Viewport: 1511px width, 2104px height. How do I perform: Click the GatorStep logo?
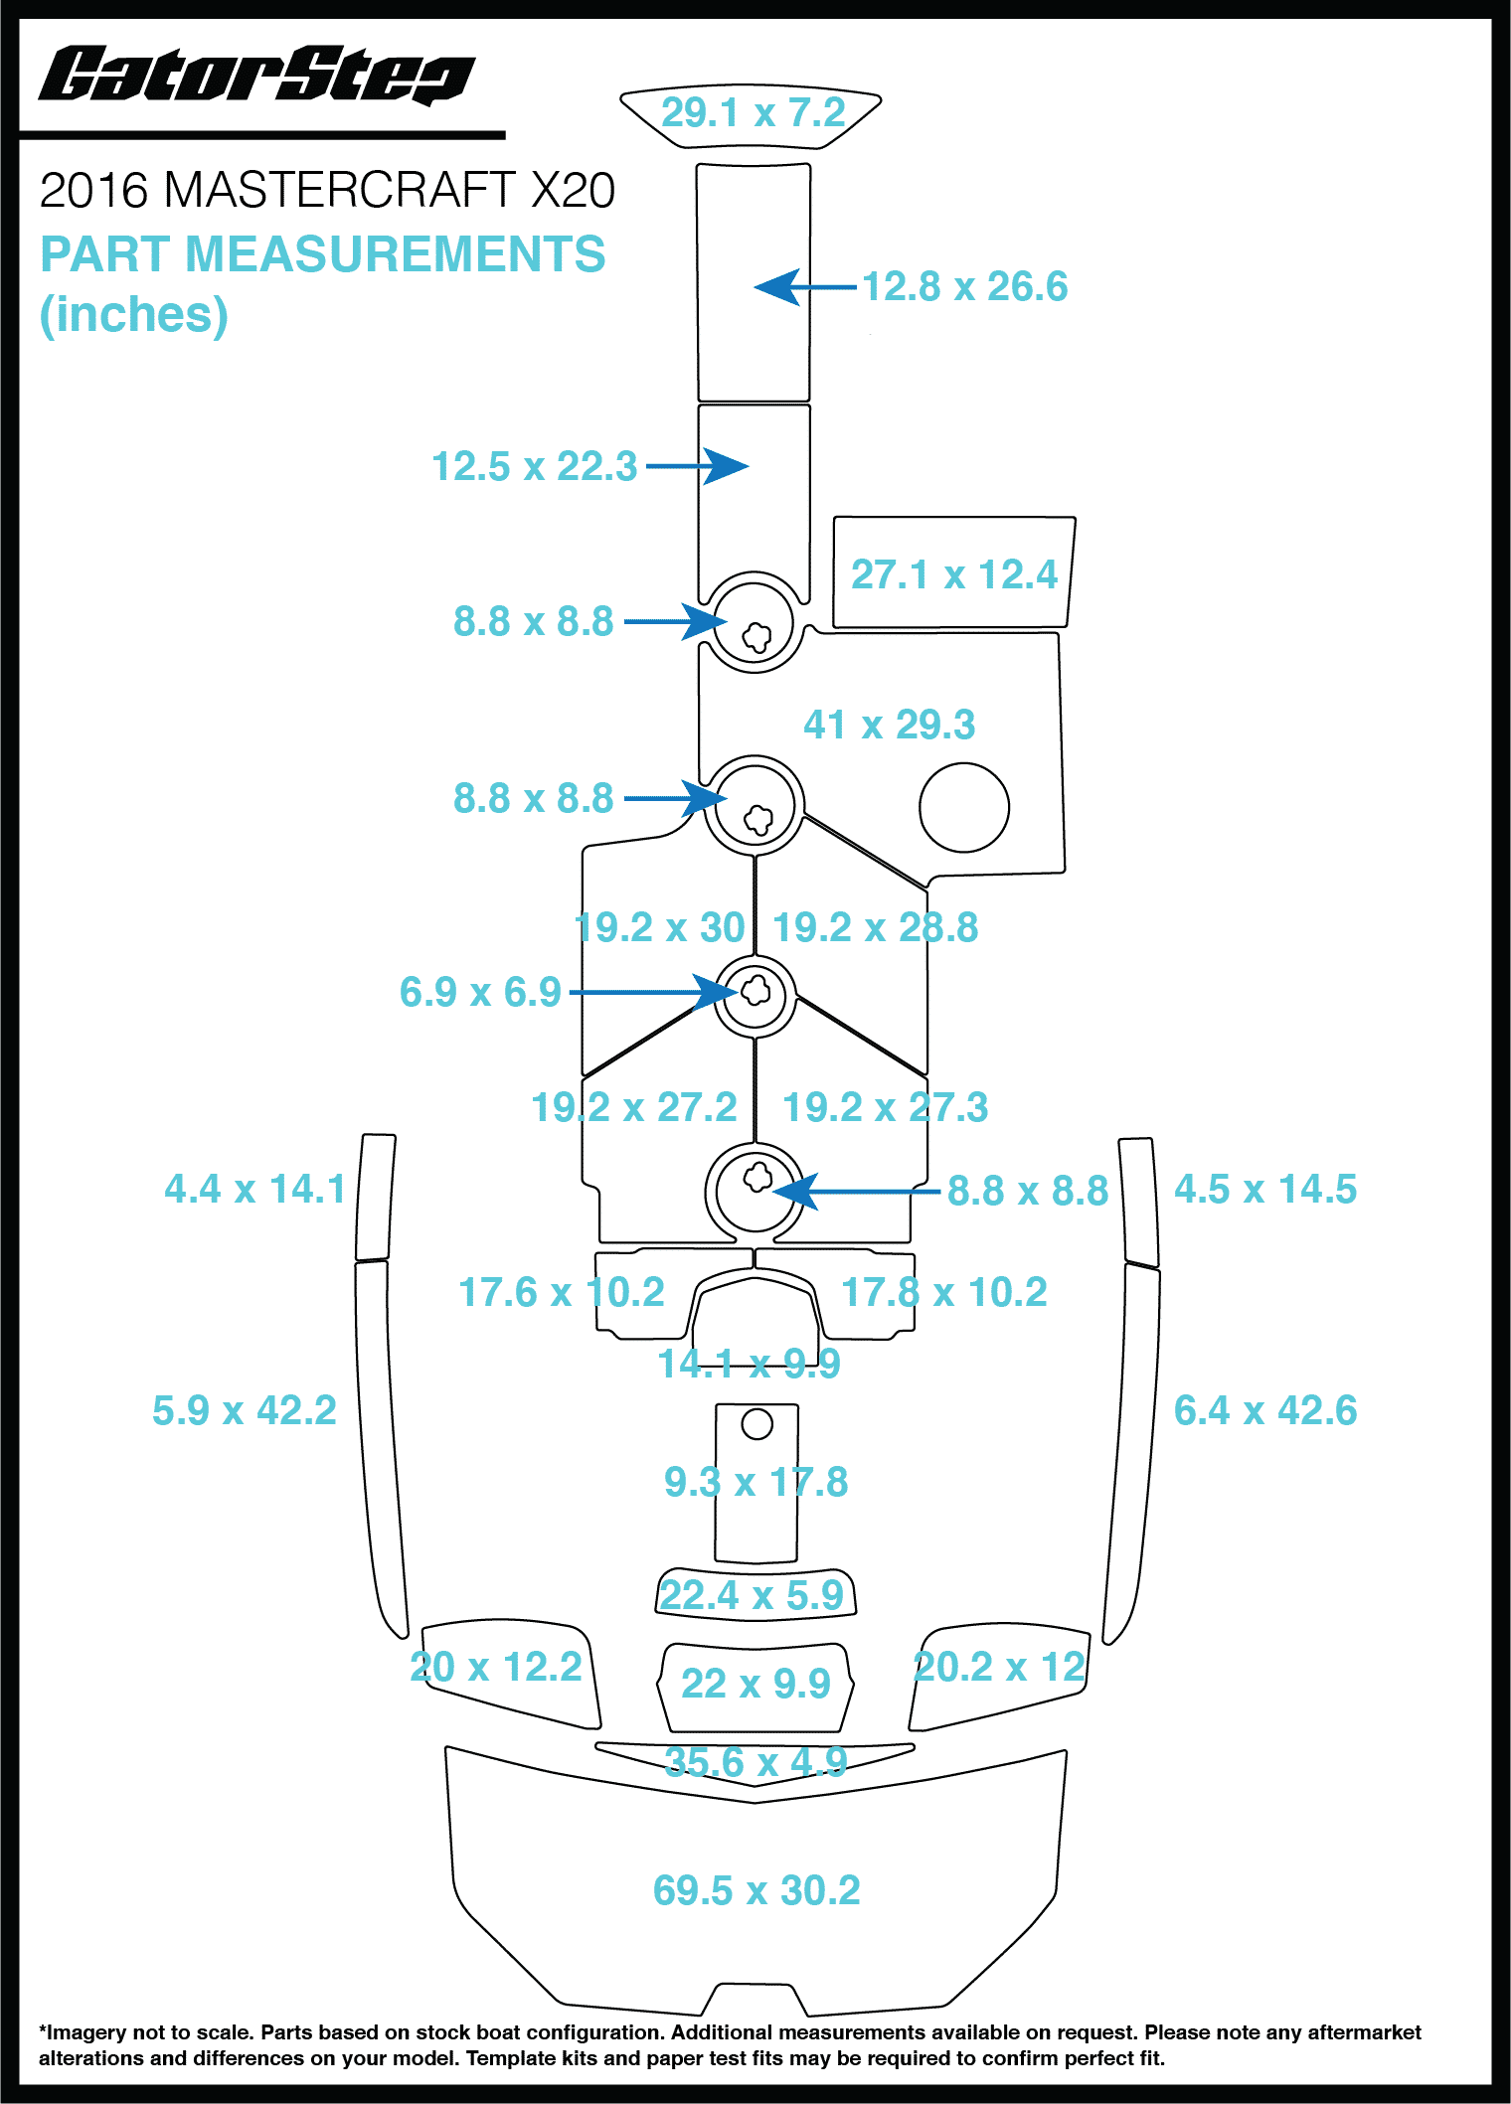[x=256, y=76]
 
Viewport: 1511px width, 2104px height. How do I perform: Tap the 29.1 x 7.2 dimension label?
[x=753, y=112]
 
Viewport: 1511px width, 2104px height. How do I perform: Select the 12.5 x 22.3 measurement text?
[x=534, y=466]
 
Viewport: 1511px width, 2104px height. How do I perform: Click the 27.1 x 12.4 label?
[x=953, y=574]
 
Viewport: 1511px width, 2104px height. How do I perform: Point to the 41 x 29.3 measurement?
[x=889, y=725]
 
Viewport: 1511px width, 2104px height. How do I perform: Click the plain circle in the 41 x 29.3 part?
[x=963, y=807]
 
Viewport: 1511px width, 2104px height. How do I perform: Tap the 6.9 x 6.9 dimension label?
[x=480, y=992]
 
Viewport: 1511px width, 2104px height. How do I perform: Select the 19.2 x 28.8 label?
[x=875, y=927]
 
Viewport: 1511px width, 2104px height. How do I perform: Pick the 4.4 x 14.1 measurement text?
[x=254, y=1189]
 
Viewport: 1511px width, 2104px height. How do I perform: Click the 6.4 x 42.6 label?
[x=1264, y=1410]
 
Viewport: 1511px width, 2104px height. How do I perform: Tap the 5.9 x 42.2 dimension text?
[x=244, y=1410]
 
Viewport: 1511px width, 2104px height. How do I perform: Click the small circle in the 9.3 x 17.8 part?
[x=756, y=1424]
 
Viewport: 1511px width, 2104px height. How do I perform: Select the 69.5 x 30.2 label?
[x=755, y=1890]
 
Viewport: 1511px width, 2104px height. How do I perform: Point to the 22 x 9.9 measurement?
[x=755, y=1684]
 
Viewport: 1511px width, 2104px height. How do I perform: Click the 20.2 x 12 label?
[x=998, y=1667]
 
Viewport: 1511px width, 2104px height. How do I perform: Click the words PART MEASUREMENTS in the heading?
[x=322, y=254]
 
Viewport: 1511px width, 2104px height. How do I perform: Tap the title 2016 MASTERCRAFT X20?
[x=327, y=190]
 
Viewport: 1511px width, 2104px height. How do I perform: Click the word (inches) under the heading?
[x=133, y=315]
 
